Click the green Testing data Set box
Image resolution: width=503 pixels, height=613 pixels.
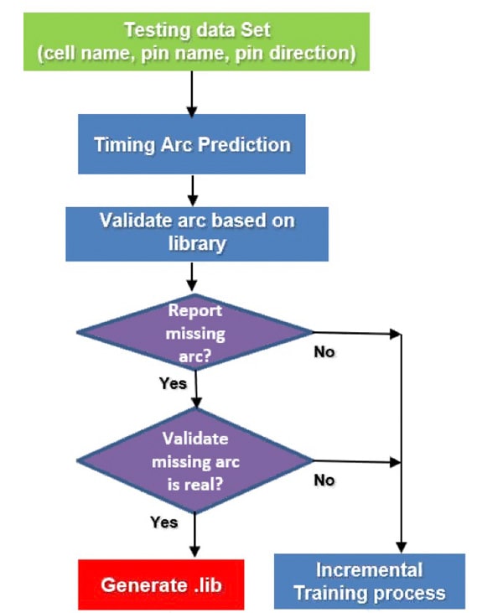click(196, 41)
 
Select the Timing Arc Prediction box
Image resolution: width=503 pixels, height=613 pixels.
click(191, 144)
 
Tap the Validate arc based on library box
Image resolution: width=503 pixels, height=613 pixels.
click(197, 234)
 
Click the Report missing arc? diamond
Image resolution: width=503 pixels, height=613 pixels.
click(195, 332)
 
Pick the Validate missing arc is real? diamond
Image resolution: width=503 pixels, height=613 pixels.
click(195, 460)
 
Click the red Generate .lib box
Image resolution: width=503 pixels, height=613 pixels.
click(161, 584)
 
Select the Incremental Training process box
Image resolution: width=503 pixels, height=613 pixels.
click(370, 581)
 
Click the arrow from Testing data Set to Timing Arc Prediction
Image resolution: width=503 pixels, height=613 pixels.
click(191, 94)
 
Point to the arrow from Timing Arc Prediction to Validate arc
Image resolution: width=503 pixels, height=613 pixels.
click(192, 190)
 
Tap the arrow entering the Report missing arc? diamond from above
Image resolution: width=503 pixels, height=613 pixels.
click(191, 277)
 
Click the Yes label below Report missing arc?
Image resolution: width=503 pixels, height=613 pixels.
click(173, 383)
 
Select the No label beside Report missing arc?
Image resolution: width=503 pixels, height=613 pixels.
click(324, 352)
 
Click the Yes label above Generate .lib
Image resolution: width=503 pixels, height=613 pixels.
click(163, 522)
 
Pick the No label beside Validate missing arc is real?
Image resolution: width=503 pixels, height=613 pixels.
click(324, 480)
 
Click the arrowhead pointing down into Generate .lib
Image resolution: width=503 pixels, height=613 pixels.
click(194, 551)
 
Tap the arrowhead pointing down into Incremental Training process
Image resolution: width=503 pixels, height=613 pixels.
click(402, 547)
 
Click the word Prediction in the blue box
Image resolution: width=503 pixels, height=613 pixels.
click(244, 144)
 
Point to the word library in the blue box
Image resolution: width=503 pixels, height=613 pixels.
click(197, 244)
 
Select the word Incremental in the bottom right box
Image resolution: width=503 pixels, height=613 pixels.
click(370, 569)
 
